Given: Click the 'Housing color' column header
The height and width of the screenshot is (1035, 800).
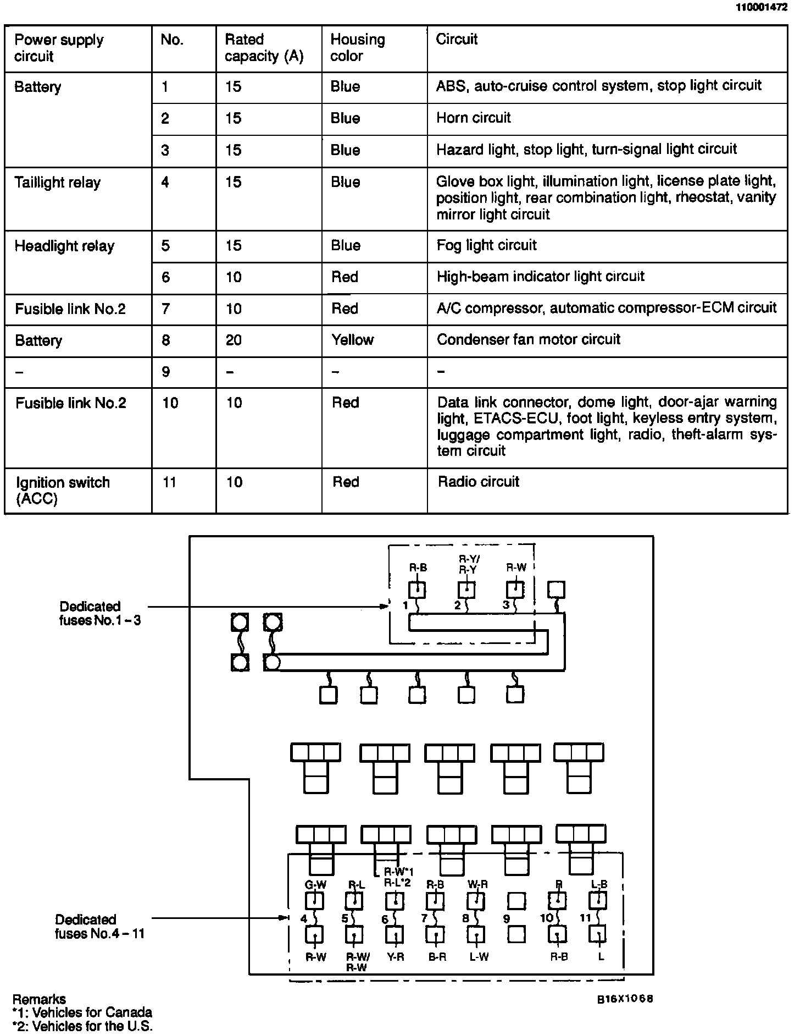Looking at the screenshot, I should [x=358, y=48].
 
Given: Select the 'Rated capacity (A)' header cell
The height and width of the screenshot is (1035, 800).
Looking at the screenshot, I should [x=264, y=48].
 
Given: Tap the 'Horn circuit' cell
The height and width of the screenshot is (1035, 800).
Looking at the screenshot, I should [x=474, y=118].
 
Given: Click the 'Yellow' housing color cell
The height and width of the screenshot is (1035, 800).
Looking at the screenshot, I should [x=352, y=340].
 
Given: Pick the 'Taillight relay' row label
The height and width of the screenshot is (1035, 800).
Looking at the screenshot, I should [x=58, y=183].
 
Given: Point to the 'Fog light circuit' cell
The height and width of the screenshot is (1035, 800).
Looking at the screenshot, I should [x=486, y=245].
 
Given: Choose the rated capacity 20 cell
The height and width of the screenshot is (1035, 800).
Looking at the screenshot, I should [x=234, y=340].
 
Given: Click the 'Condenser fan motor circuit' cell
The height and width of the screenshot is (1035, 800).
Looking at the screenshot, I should [x=528, y=339].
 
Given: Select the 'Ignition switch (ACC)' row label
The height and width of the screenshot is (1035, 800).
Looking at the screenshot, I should [x=63, y=491].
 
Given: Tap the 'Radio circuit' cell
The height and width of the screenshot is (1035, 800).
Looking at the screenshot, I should [x=478, y=482].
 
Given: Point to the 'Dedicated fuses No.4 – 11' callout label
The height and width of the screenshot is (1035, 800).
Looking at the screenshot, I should [x=99, y=927].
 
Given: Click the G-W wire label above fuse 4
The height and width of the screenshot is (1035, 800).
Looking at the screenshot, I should [x=315, y=885].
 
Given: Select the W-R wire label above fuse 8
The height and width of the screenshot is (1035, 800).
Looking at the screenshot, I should [x=477, y=884].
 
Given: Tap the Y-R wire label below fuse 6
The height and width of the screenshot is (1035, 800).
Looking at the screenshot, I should [x=395, y=957].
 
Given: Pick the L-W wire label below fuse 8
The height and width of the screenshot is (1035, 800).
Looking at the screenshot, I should [x=479, y=957].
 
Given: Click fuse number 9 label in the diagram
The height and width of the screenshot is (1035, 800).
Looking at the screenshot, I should [x=506, y=919].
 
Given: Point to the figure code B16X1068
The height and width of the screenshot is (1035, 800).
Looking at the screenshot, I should [x=625, y=999].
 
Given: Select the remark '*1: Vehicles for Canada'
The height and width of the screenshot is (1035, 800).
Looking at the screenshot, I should [x=82, y=1012].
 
